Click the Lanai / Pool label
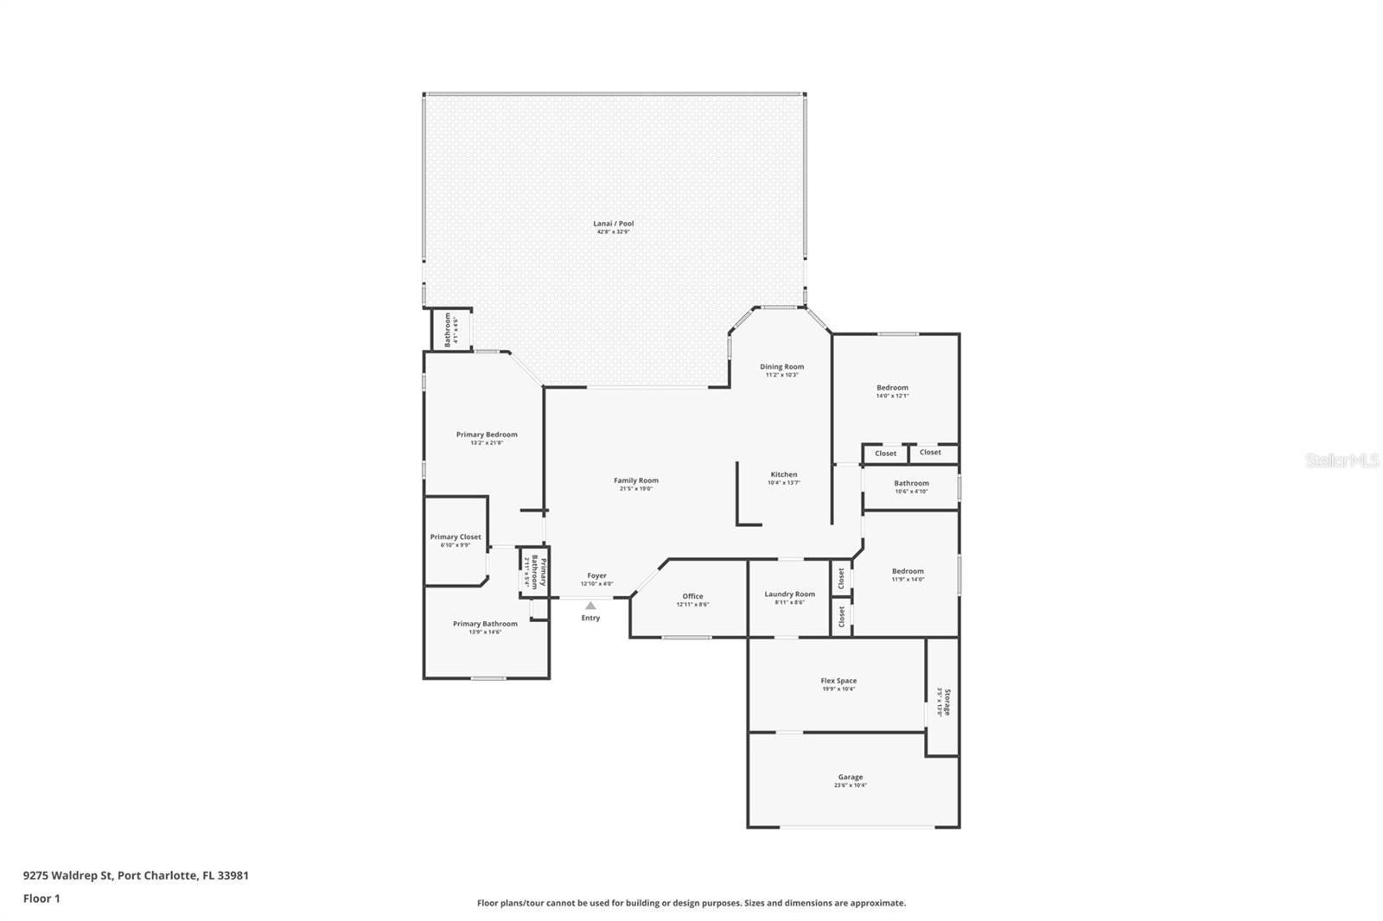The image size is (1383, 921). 614,224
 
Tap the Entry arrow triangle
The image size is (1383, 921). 590,606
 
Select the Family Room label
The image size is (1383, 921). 636,480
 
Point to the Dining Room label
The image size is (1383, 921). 781,366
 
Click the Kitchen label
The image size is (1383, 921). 784,474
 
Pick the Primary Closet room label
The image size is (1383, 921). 456,537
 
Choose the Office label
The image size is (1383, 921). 692,596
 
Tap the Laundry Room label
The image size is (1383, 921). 789,594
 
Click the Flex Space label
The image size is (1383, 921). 838,681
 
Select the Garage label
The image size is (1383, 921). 850,777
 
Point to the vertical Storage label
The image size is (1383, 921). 946,701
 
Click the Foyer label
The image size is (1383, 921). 596,575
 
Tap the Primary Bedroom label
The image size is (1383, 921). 487,435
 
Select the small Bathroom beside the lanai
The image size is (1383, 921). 448,329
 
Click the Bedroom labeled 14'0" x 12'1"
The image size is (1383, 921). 892,388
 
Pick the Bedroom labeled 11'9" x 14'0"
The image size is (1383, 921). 908,571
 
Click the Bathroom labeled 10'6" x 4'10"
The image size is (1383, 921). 911,484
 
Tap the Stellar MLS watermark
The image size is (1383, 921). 1342,460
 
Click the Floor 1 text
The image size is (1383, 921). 41,899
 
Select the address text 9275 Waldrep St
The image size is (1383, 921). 67,875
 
